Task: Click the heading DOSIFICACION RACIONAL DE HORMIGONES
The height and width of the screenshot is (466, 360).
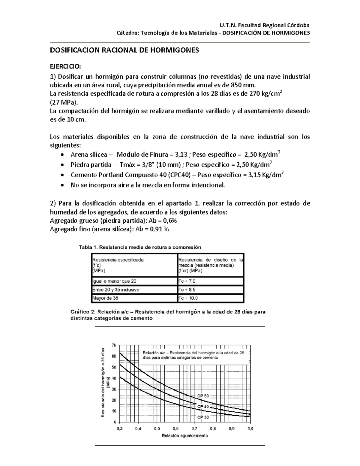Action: (124, 50)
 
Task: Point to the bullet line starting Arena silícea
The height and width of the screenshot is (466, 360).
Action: (175, 155)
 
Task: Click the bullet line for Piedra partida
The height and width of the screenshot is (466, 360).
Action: (171, 165)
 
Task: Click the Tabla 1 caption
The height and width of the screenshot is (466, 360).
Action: (140, 248)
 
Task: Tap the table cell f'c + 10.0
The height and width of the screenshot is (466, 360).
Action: (188, 298)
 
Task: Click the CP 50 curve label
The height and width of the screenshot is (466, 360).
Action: (203, 396)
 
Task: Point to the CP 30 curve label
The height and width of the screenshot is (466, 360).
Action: (203, 417)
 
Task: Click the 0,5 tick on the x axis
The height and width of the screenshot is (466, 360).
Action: (157, 429)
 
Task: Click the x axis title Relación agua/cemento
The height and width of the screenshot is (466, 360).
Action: (185, 436)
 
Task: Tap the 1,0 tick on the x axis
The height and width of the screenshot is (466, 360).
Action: (250, 429)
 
